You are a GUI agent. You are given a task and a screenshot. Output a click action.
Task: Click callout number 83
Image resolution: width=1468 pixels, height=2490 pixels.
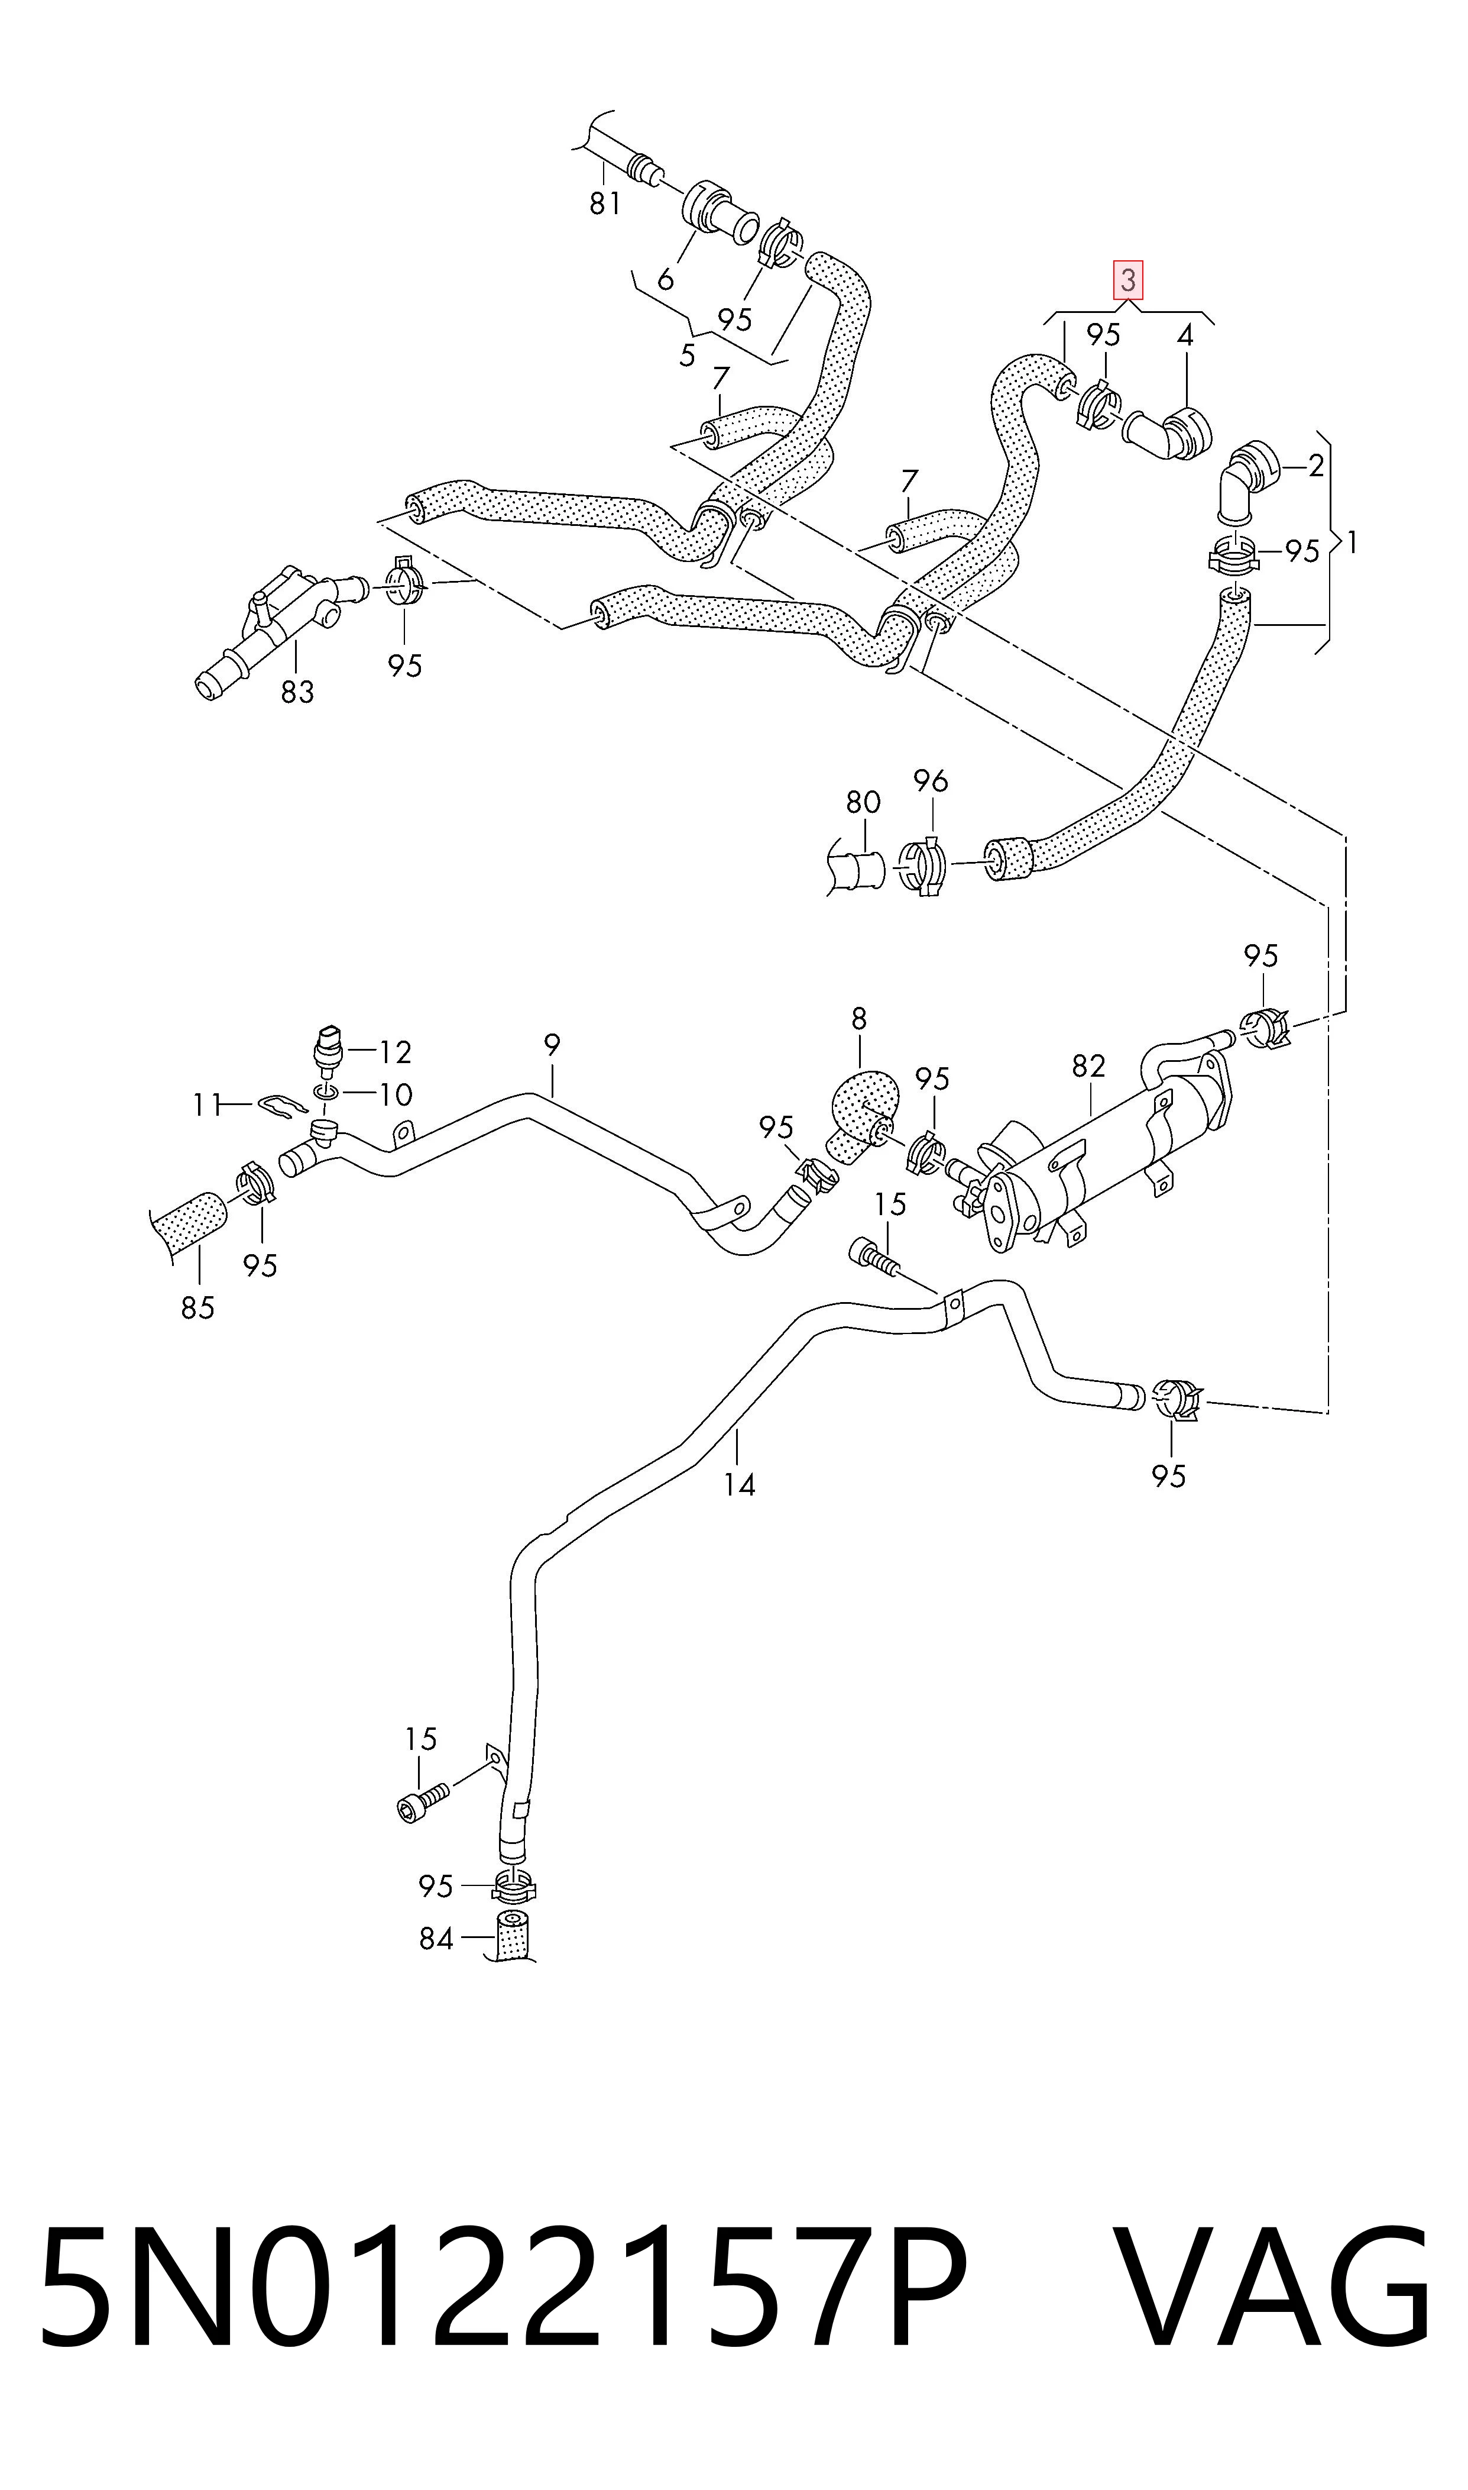pos(297,692)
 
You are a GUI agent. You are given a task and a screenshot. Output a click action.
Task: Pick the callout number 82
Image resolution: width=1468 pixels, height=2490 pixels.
pos(1088,1066)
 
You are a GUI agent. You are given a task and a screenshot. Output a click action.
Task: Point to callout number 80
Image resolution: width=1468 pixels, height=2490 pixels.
pos(863,802)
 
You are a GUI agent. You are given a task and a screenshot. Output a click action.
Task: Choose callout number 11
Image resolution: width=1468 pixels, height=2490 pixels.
pos(207,1104)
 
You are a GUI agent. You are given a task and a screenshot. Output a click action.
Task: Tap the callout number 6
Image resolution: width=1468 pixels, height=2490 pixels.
pos(665,279)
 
